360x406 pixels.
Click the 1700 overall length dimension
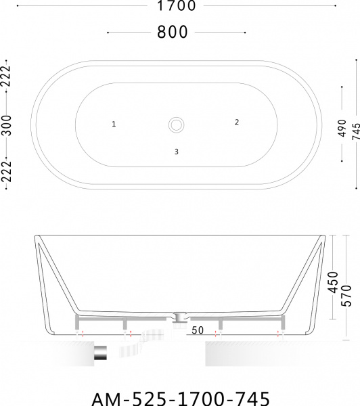coord(177,5)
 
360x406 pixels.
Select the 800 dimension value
coord(173,32)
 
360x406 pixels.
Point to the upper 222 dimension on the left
coord(6,76)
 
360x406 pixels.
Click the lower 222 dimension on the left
coord(6,171)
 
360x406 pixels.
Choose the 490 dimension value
coord(342,128)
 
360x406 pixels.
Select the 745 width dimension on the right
coord(356,131)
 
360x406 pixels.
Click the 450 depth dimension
coord(333,282)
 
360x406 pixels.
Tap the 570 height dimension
coord(346,296)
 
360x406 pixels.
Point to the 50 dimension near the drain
coord(198,330)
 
